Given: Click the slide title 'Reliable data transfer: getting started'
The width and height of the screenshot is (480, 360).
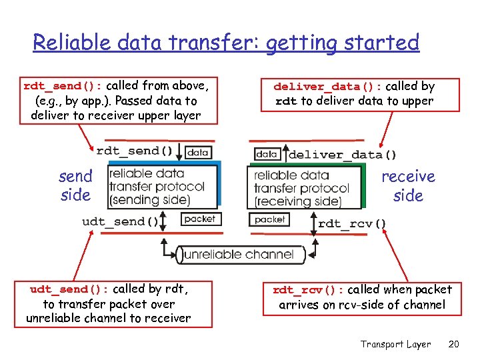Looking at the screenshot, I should [x=226, y=43].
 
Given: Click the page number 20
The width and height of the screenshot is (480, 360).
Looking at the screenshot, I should [x=454, y=344].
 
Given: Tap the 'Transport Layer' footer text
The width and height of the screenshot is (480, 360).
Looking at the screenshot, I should [x=395, y=344].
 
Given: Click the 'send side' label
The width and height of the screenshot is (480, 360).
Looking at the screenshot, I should [x=75, y=186].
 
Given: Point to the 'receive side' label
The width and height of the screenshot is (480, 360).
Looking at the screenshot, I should [x=408, y=186].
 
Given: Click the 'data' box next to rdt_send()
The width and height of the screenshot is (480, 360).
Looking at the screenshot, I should [x=197, y=152].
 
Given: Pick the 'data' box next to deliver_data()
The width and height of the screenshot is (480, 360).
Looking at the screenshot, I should [x=267, y=154].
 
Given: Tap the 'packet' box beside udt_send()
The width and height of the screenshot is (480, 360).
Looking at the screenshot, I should [x=199, y=219].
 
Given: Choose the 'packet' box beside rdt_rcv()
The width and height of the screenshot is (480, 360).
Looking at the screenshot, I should [x=269, y=219].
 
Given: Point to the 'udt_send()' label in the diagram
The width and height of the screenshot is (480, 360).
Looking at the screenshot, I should [x=121, y=221].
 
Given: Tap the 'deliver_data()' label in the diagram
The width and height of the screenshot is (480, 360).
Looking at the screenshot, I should [x=342, y=155].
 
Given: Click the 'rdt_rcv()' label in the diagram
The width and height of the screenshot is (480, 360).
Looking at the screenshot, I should [x=352, y=223].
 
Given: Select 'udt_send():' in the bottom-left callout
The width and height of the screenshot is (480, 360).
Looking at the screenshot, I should [x=69, y=289].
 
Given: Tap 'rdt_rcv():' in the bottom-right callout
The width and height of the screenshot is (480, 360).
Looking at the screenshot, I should [x=307, y=290].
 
